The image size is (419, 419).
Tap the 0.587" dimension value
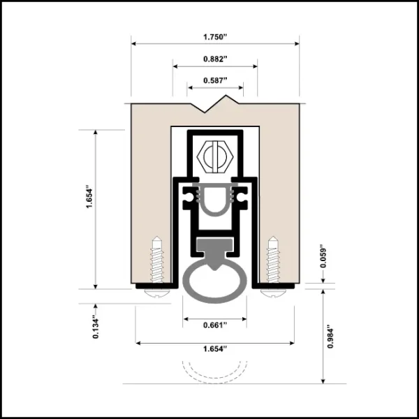coord(214,80)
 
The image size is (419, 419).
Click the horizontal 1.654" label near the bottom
coord(214,351)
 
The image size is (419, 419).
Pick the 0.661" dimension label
coord(214,325)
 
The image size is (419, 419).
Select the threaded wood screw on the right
coord(273,260)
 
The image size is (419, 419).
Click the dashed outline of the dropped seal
coord(214,369)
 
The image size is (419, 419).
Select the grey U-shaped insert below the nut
coord(214,200)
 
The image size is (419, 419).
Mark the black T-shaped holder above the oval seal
coord(214,247)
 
